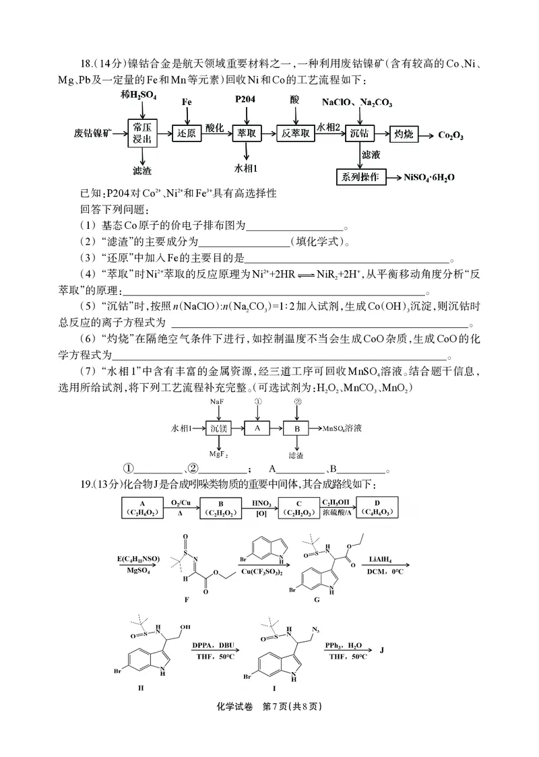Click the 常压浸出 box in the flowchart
click(x=141, y=133)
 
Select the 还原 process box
click(x=186, y=133)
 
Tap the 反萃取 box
click(x=296, y=133)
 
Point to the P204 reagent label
click(x=246, y=100)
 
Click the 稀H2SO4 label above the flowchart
click(x=139, y=96)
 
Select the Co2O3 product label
click(x=450, y=135)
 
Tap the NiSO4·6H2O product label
click(x=429, y=178)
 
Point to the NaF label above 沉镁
click(x=217, y=401)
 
